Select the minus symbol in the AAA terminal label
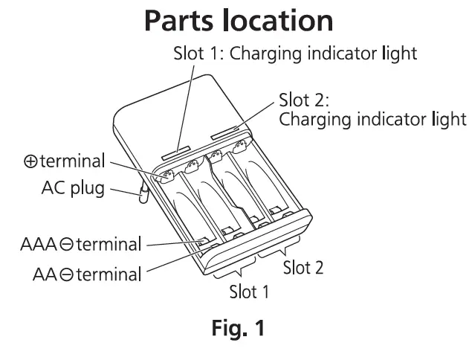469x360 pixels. tap(59, 244)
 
